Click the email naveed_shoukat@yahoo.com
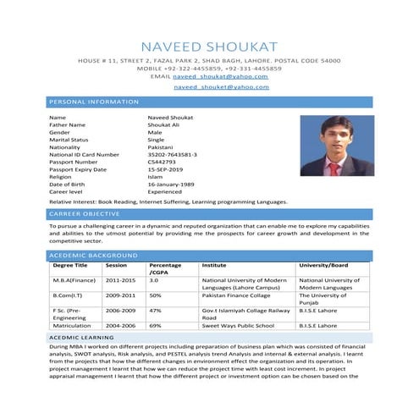[x=220, y=76]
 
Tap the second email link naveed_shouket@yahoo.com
[x=221, y=87]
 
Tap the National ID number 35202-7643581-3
[x=172, y=155]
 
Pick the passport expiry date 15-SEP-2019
[x=164, y=169]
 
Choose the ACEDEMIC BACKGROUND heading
[x=92, y=255]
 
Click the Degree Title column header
[x=70, y=265]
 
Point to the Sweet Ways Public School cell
[x=238, y=325]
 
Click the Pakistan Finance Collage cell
[x=239, y=295]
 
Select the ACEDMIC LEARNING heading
[x=82, y=337]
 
